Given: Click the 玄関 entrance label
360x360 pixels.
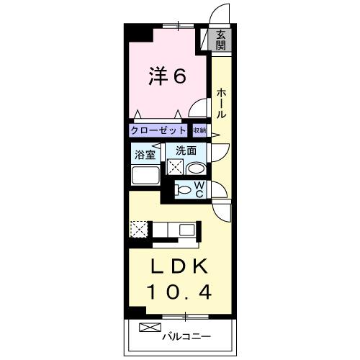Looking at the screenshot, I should click(x=221, y=40).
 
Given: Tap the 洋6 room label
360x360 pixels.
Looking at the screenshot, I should click(x=168, y=76).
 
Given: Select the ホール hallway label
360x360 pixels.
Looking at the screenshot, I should click(x=221, y=103).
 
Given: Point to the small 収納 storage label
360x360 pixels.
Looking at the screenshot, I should click(x=199, y=130).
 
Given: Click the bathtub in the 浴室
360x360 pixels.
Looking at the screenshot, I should click(x=146, y=176).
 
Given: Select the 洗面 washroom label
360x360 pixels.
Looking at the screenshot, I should click(x=186, y=151).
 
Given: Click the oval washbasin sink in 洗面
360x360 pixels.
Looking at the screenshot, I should click(x=194, y=168).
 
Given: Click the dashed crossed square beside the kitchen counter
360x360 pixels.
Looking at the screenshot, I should click(x=138, y=229).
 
